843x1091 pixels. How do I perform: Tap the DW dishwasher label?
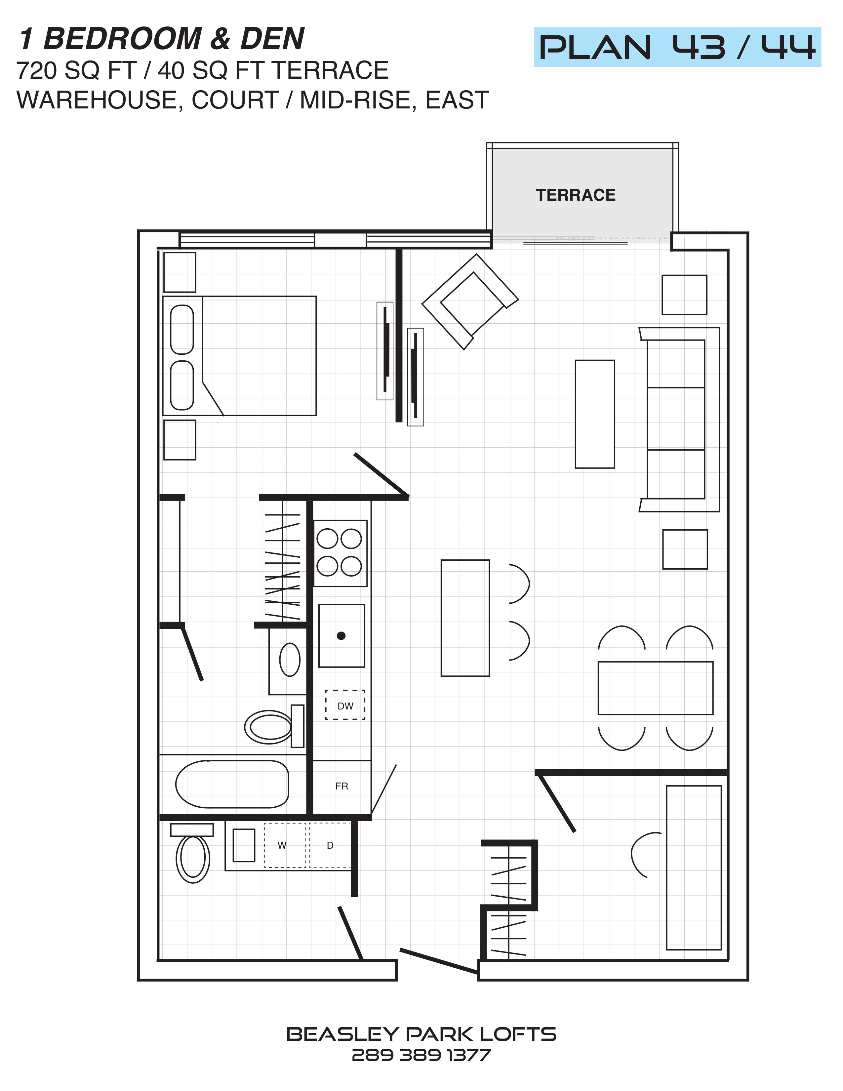click(345, 706)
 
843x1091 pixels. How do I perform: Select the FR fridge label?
click(341, 786)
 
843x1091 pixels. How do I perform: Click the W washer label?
click(282, 845)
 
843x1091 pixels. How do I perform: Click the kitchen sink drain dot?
click(341, 636)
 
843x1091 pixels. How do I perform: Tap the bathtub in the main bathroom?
click(232, 784)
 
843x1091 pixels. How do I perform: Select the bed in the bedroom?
click(239, 356)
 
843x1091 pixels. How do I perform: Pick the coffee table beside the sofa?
click(595, 414)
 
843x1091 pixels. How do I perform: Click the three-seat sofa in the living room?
click(680, 420)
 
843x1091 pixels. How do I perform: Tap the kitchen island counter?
click(465, 618)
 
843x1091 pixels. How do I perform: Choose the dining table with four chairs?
click(655, 688)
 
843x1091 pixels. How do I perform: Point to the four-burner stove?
click(340, 553)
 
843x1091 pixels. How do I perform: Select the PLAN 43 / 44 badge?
click(677, 48)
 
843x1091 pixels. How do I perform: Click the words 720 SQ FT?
click(76, 70)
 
